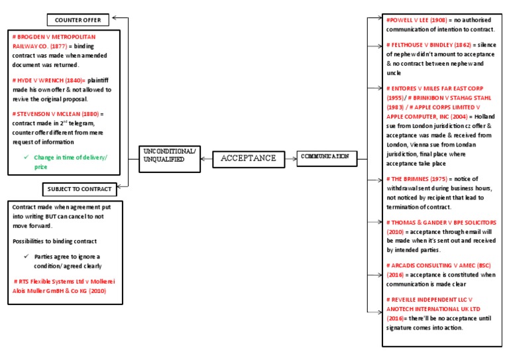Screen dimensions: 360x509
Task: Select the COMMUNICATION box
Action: click(x=326, y=158)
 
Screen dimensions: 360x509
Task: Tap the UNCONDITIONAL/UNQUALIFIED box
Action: click(x=169, y=158)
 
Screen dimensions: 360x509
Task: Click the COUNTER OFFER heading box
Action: click(x=78, y=20)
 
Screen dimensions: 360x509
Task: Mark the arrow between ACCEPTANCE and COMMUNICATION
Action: click(x=287, y=158)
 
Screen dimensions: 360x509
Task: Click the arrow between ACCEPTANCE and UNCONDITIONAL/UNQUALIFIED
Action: click(x=205, y=158)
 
